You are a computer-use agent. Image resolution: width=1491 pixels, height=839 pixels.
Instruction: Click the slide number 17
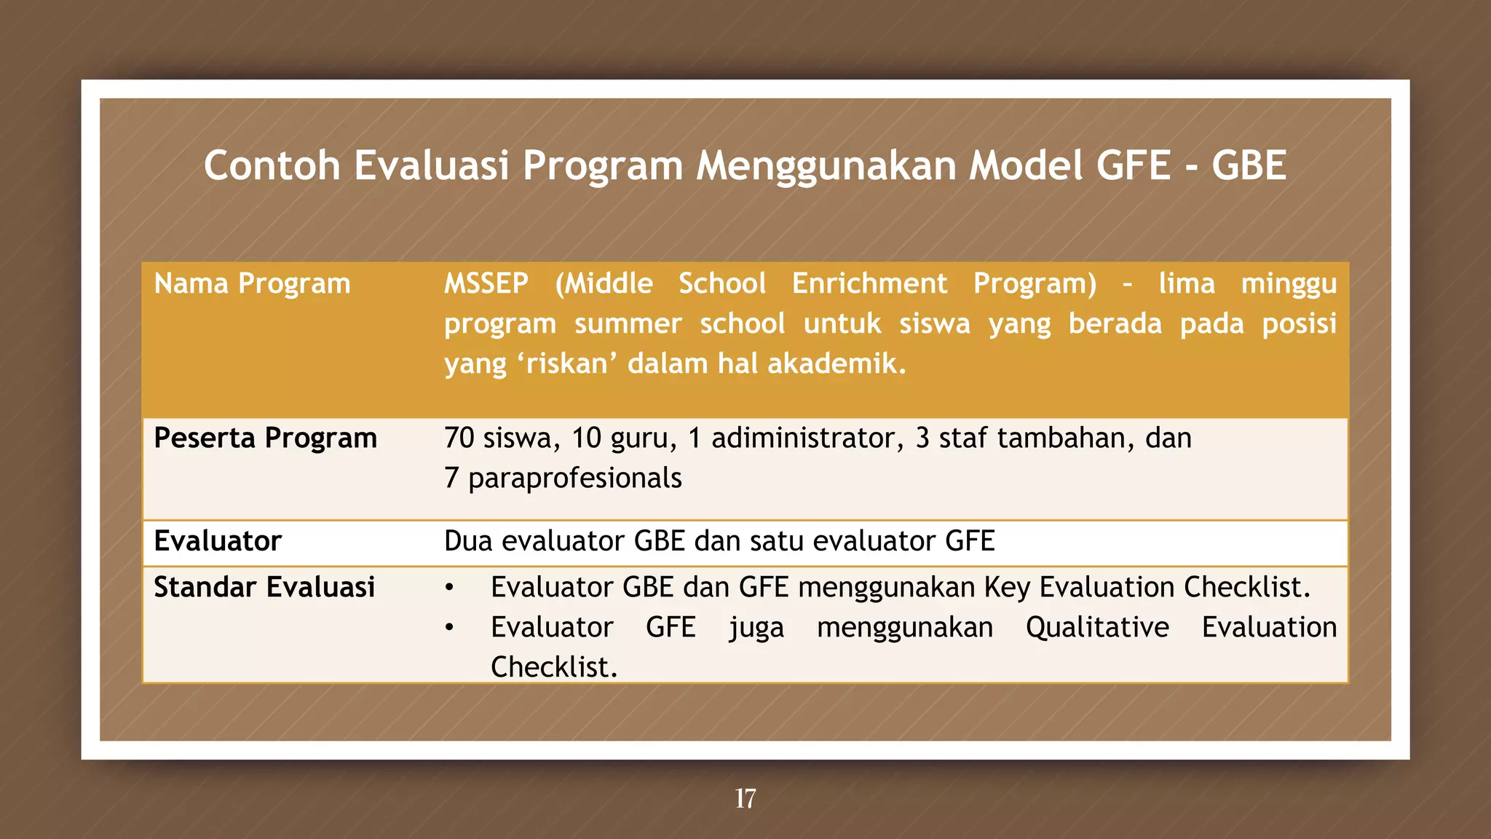(x=745, y=798)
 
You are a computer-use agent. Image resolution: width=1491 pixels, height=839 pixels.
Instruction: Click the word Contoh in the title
(x=272, y=165)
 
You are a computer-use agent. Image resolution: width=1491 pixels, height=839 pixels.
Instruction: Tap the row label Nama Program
(x=252, y=283)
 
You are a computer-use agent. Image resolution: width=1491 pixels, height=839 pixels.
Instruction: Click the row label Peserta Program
(x=265, y=438)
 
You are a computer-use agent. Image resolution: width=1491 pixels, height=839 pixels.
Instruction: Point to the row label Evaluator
(x=218, y=541)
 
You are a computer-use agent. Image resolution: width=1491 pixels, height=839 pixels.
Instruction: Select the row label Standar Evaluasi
(x=264, y=587)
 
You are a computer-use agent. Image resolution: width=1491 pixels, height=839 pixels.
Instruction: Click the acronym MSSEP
(x=486, y=283)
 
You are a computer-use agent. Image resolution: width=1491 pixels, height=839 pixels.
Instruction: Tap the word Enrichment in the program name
(x=869, y=283)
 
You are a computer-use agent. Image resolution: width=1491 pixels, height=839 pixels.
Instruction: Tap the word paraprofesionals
(x=575, y=478)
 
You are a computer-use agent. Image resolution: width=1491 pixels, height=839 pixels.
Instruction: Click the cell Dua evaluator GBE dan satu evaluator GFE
(x=719, y=541)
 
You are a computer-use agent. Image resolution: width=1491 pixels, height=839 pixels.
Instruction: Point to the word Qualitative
(x=1097, y=627)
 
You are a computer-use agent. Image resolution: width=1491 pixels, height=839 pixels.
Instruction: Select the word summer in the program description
(x=628, y=323)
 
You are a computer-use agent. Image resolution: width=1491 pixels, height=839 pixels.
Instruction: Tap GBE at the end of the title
(x=1249, y=165)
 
